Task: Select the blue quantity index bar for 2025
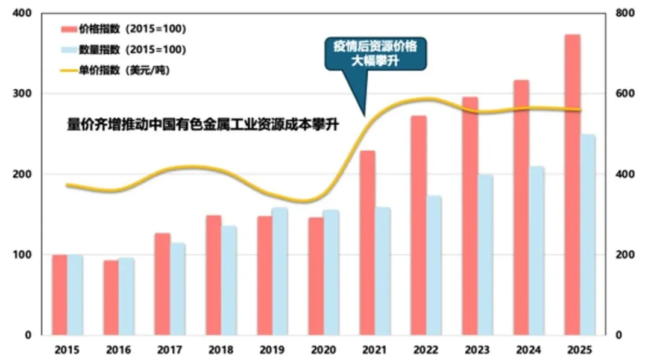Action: [x=587, y=235]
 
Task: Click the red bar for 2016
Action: [x=111, y=298]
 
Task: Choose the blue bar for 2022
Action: [x=434, y=265]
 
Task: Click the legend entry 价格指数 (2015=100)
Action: [x=123, y=29]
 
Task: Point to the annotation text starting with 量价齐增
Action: [x=203, y=125]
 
